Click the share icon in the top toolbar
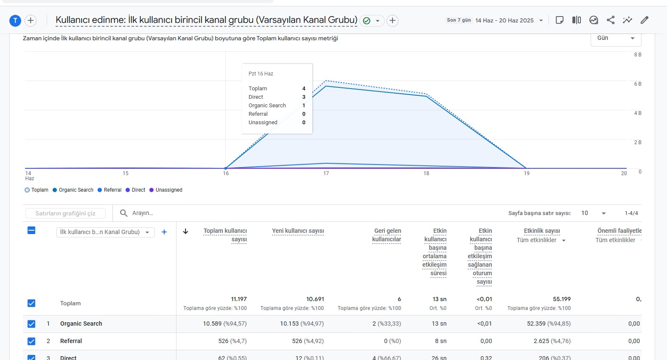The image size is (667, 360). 611,20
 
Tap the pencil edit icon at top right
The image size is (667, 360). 645,20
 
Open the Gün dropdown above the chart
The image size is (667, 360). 616,38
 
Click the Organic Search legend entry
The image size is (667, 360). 73,190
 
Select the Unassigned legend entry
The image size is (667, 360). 166,190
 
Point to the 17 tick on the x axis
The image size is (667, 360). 326,173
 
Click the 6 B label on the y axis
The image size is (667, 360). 638,84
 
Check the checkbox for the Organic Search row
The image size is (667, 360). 31,324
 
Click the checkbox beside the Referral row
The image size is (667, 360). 31,341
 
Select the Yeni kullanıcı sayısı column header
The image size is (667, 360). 298,231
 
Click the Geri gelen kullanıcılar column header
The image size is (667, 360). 387,235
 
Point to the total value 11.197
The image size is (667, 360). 239,299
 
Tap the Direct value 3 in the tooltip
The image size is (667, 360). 304,97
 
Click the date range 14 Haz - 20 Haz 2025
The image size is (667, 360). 504,20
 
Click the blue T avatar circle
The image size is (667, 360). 15,20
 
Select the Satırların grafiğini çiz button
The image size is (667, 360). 65,213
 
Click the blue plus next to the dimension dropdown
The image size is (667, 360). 164,232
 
